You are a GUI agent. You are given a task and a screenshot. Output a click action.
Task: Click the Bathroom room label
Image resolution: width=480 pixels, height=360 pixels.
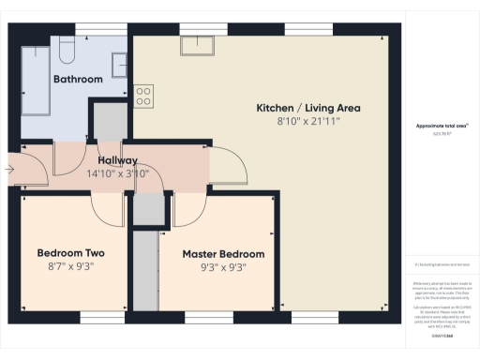(x=78, y=80)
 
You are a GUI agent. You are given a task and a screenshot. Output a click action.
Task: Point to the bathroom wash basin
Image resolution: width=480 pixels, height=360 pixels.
(x=121, y=64)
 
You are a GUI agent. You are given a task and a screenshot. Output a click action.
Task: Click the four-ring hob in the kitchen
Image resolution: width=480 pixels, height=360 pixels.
(x=144, y=95)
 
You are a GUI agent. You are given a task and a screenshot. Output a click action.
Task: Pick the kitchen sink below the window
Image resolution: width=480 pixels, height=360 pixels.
(x=200, y=46)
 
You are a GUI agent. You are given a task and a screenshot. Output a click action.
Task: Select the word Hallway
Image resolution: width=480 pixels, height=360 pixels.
(x=112, y=160)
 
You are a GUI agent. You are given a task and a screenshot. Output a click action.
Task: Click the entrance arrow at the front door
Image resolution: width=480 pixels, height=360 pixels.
(x=9, y=170)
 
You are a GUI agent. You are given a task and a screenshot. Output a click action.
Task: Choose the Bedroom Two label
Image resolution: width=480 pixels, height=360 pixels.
(x=70, y=253)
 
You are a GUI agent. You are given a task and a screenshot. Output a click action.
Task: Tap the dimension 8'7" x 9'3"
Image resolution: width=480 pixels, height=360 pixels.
(x=70, y=267)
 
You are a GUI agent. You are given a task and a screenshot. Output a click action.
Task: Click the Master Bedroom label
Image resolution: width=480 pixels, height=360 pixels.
(x=223, y=254)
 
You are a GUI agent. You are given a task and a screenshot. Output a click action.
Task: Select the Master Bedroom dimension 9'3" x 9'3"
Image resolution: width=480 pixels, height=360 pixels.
(x=223, y=268)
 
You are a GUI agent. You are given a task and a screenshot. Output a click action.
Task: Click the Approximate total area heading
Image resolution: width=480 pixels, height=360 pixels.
(x=440, y=126)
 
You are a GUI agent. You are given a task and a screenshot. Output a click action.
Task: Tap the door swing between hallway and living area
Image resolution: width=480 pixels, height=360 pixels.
(x=229, y=167)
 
